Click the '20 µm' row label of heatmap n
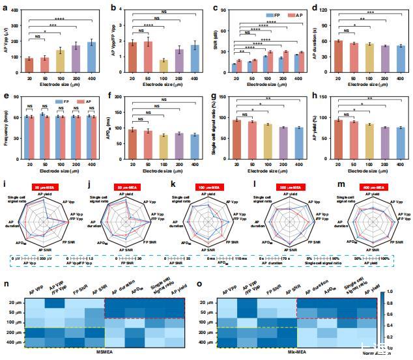(15, 302)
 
